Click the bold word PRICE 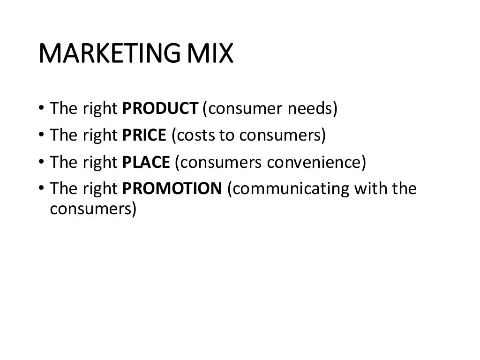click(x=144, y=135)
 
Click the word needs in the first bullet click(x=312, y=109)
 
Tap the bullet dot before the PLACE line click(x=42, y=163)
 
